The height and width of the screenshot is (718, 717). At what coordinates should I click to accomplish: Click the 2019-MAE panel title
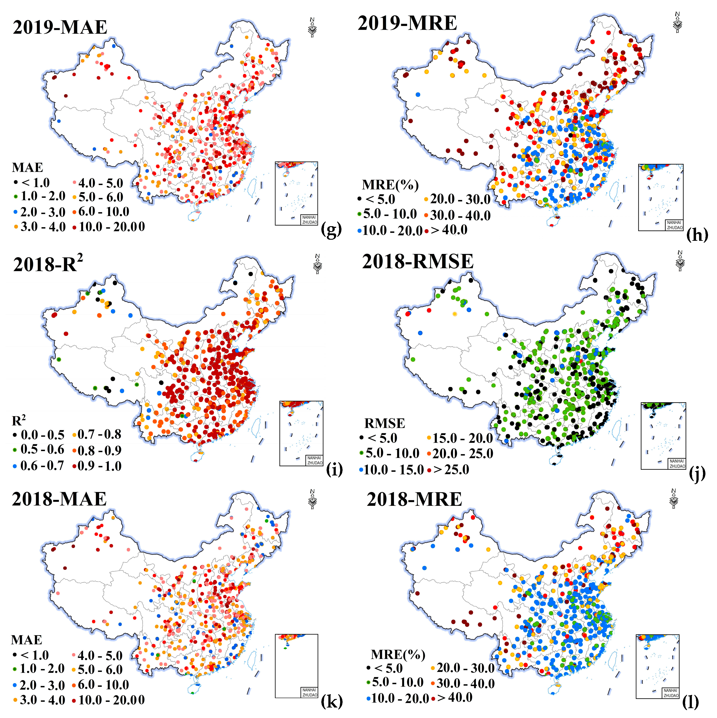tap(60, 28)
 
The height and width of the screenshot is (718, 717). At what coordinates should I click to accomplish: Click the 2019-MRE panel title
tap(407, 23)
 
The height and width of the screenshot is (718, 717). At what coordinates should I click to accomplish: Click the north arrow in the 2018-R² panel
tap(318, 264)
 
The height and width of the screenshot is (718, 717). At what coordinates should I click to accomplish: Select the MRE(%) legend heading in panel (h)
tap(390, 185)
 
